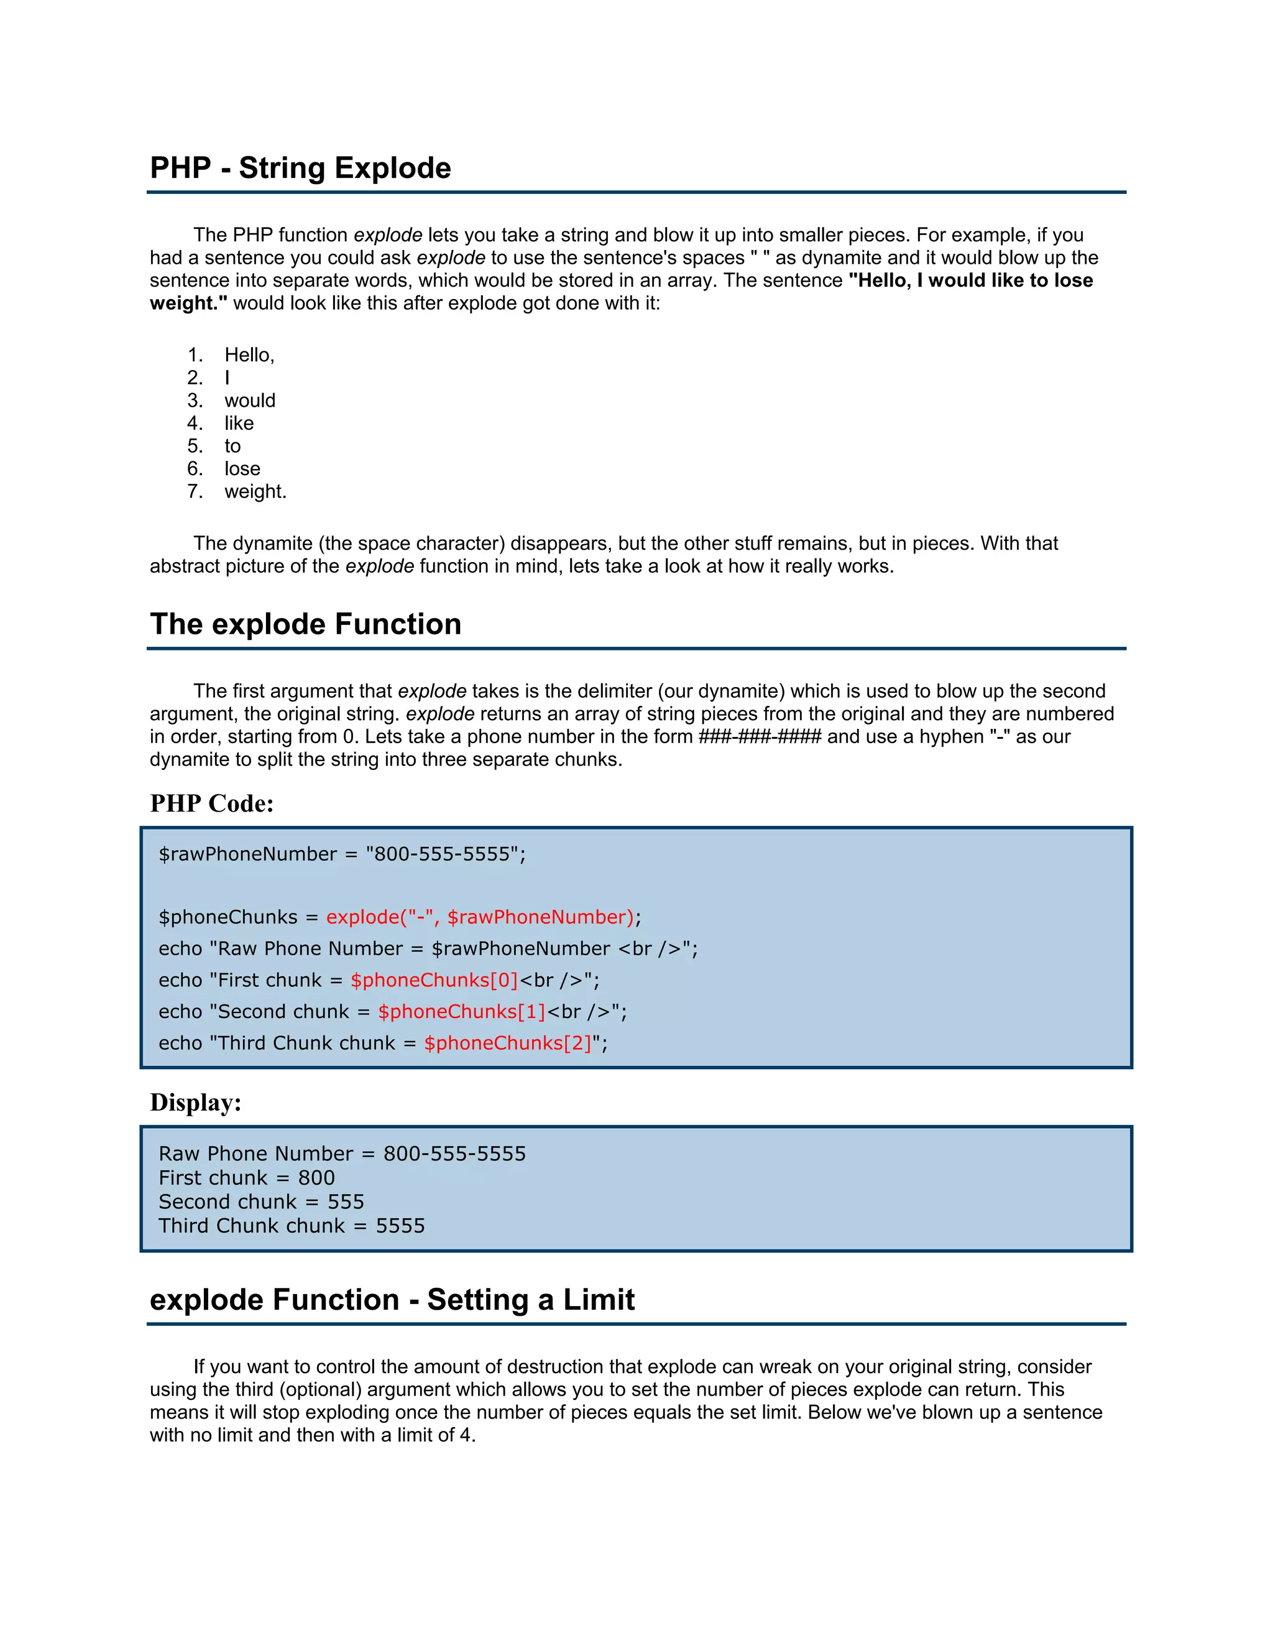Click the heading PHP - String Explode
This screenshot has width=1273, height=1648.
(300, 167)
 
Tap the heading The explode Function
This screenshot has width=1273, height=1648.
(305, 624)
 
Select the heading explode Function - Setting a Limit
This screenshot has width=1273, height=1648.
(392, 1299)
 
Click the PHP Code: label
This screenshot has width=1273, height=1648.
(212, 803)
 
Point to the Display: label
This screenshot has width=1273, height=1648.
(196, 1102)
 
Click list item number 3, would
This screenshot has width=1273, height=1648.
(250, 400)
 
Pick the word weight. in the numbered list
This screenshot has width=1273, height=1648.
(255, 491)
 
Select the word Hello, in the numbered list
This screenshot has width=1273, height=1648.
(249, 355)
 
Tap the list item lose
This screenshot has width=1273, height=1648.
(242, 469)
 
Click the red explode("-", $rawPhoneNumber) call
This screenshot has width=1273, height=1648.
(480, 917)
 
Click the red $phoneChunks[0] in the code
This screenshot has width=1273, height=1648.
(434, 980)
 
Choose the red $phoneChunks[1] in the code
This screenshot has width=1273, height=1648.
(462, 1012)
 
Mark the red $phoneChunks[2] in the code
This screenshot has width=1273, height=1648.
(508, 1043)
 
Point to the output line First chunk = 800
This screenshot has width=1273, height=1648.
(247, 1178)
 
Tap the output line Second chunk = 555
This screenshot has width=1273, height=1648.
(261, 1201)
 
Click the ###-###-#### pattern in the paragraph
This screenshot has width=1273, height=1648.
(760, 736)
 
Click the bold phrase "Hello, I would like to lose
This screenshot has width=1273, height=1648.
(970, 280)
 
